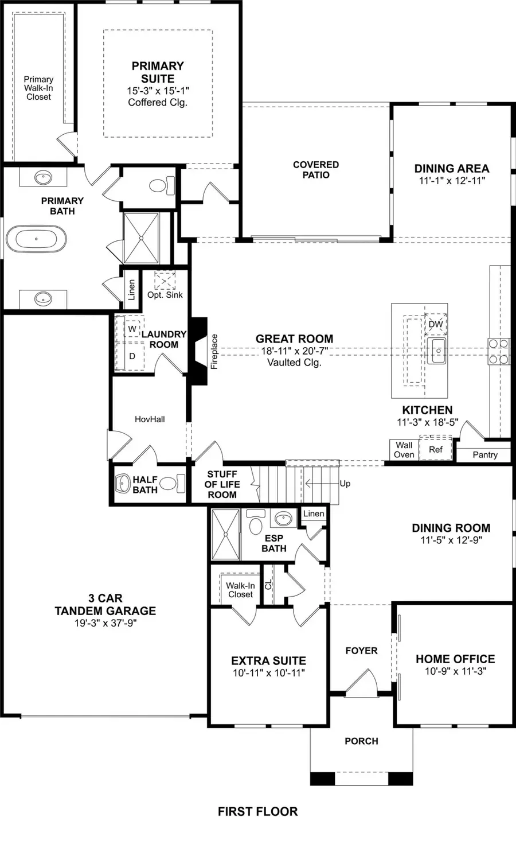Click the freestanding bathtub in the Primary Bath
[36, 239]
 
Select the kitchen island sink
[436, 351]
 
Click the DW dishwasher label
[436, 324]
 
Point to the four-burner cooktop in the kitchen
[498, 352]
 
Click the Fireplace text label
[214, 351]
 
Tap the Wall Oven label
[404, 450]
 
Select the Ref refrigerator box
[436, 449]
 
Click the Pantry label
[485, 454]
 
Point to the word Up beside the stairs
[345, 484]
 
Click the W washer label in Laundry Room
[132, 329]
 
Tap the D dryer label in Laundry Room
[132, 356]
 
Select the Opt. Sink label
[165, 294]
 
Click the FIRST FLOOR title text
[257, 811]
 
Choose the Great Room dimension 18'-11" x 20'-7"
[295, 351]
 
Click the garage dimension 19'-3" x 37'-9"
[105, 623]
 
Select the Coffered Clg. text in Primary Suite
[158, 103]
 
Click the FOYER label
[361, 651]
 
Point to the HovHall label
[150, 419]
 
